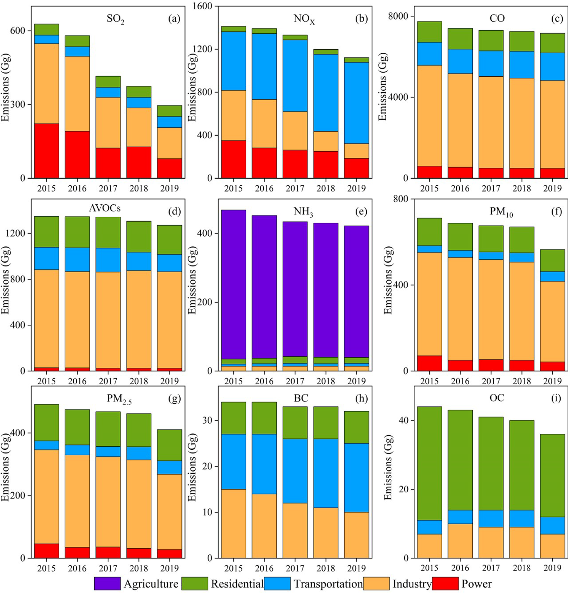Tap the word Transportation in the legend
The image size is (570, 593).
[328, 584]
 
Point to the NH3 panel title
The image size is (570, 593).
[303, 211]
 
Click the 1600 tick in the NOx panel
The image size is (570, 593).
[205, 6]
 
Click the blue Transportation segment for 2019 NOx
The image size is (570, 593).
[357, 103]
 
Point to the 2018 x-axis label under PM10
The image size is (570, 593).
[521, 381]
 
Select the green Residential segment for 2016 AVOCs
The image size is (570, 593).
[77, 232]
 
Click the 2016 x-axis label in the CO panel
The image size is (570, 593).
[460, 189]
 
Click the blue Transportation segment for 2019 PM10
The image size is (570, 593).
[552, 276]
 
